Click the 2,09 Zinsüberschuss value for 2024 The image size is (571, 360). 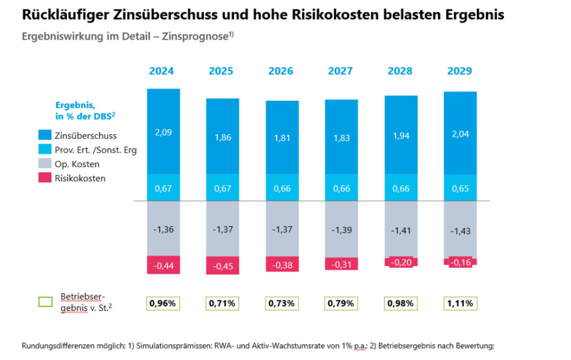[x=163, y=132]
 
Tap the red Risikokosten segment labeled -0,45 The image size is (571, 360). [x=222, y=265]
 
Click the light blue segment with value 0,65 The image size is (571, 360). [x=460, y=188]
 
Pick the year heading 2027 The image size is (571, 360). [x=340, y=71]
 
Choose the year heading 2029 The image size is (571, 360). [x=459, y=71]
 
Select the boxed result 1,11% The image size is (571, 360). [x=460, y=304]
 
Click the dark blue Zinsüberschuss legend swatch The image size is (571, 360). [x=45, y=135]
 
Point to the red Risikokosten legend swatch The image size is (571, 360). [x=45, y=178]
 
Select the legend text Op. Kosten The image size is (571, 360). [x=77, y=164]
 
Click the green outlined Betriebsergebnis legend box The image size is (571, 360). [x=45, y=302]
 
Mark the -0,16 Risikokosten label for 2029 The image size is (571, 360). [x=460, y=261]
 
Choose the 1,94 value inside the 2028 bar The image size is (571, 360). [x=400, y=135]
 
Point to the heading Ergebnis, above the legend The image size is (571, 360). [x=75, y=105]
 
